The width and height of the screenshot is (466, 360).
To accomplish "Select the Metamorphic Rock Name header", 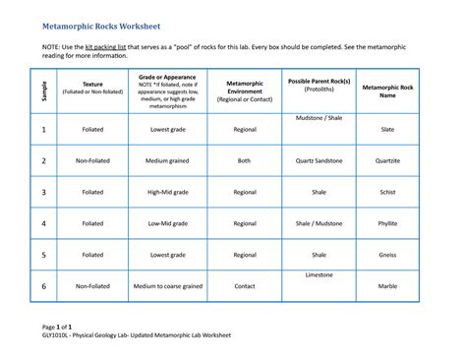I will pos(387,91).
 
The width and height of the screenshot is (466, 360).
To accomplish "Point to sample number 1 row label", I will pos(43,129).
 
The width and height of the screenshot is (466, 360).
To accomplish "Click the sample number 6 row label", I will pos(43,286).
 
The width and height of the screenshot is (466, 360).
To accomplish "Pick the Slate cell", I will pos(387,129).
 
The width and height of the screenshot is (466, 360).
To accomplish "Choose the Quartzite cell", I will pos(387,160).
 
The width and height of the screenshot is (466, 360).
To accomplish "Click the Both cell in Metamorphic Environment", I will pos(245,160).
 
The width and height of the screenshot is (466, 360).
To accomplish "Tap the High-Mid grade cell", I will pos(168,192).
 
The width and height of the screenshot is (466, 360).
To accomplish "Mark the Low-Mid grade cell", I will pos(168,223).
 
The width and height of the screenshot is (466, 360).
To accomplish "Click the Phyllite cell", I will pos(387,223).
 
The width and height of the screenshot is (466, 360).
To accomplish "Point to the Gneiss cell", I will pos(387,255).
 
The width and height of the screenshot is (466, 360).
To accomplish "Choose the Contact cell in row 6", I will pos(245,286).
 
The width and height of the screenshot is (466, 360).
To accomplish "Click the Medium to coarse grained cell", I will pos(168,286).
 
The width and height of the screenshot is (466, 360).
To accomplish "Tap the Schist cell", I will pos(387,192).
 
